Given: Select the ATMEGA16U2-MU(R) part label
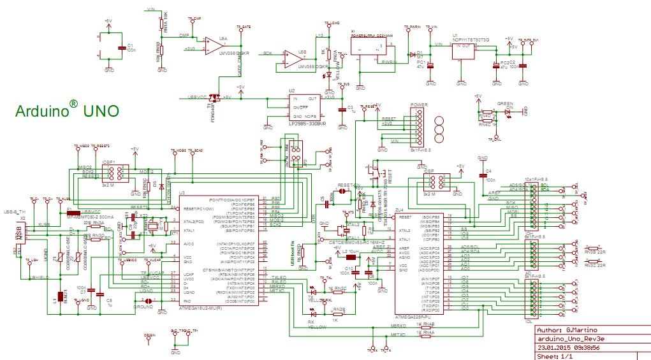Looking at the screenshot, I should click(201, 308).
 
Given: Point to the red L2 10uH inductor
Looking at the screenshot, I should click(350, 259).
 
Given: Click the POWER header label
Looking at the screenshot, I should click(418, 104).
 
